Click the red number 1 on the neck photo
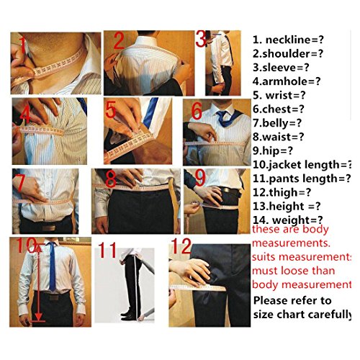[x=23, y=45]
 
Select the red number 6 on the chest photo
[x=197, y=111]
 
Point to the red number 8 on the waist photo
[x=111, y=179]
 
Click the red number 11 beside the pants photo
[x=107, y=250]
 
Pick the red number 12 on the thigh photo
[x=181, y=246]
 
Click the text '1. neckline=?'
[x=288, y=40]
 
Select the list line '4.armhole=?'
[x=287, y=81]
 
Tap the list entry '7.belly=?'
[x=277, y=123]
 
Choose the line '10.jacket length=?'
[x=302, y=165]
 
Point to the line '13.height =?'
[x=287, y=206]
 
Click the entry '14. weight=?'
[x=288, y=220]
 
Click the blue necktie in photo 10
[x=52, y=266]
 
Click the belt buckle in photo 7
[x=49, y=228]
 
